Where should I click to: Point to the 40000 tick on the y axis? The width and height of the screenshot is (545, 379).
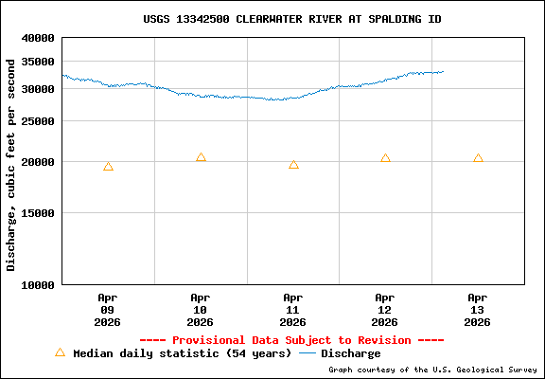click(38, 39)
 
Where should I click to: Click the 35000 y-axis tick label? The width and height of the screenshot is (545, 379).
click(38, 62)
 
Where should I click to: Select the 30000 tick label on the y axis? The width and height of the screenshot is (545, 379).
click(38, 89)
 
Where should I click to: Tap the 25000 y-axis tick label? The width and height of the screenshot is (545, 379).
click(38, 121)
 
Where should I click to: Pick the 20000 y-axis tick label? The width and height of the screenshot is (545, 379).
click(38, 162)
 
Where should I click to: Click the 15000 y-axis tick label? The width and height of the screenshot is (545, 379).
click(38, 213)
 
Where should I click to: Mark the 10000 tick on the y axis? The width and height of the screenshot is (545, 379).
click(38, 284)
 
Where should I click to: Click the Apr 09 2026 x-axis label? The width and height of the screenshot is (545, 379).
click(108, 309)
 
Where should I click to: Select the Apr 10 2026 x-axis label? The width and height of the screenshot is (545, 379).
click(201, 309)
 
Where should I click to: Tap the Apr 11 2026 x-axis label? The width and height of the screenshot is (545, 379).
click(293, 309)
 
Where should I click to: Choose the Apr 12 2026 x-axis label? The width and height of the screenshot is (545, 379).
click(385, 309)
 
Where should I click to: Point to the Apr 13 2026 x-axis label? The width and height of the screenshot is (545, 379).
click(478, 309)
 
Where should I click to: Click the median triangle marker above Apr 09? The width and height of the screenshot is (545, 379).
click(108, 167)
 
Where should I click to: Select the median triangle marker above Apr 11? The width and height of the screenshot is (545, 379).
click(293, 165)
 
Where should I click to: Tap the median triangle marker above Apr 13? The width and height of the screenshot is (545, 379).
click(478, 158)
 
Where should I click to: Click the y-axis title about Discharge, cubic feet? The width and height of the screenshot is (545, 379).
click(11, 164)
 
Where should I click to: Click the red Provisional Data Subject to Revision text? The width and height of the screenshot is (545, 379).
click(291, 340)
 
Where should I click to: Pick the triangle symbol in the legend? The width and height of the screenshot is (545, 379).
click(60, 352)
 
